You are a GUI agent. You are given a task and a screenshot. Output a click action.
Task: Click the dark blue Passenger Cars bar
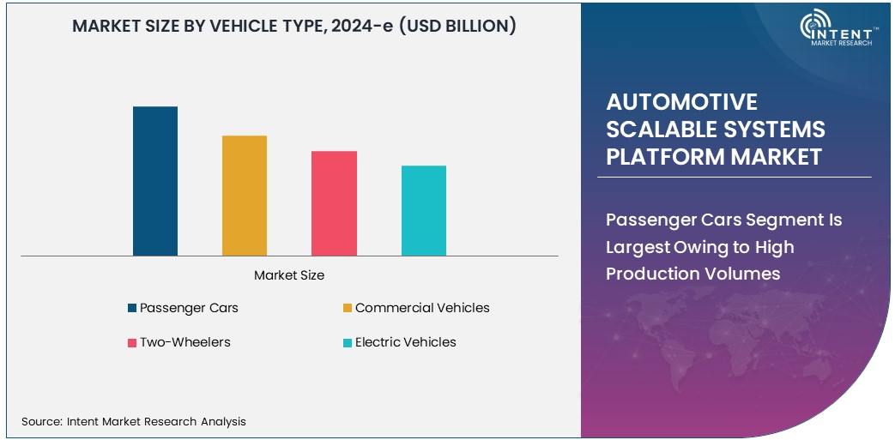(155, 181)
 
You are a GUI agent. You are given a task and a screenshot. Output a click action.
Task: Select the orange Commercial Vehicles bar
(245, 196)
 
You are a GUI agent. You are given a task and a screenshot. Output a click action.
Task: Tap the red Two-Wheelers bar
(334, 203)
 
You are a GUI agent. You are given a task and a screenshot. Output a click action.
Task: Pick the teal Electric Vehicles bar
(424, 210)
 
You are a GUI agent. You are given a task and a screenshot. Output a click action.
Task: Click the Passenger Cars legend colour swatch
(131, 308)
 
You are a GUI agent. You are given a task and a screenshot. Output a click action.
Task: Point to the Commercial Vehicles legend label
(422, 308)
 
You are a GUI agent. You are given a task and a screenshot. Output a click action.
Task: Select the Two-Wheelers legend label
(185, 342)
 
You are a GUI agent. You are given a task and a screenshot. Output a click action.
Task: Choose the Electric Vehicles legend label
(406, 342)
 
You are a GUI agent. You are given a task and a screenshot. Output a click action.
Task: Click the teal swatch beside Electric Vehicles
(348, 343)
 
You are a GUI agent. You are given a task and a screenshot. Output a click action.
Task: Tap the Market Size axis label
(289, 275)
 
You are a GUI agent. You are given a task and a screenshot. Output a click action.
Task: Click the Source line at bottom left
(134, 421)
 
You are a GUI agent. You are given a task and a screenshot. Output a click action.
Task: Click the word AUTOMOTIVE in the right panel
(681, 102)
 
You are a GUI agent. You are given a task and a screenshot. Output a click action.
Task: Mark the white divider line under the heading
(734, 178)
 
